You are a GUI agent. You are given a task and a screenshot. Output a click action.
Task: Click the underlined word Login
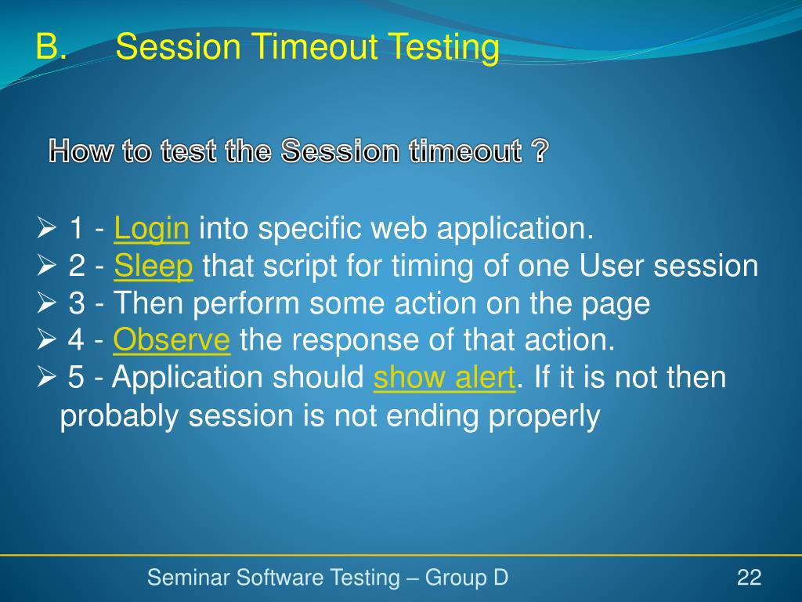151,229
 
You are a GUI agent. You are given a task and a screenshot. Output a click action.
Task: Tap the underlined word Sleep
154,267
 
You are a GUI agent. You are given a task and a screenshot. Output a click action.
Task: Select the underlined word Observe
172,339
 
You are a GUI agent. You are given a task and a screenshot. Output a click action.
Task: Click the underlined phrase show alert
445,377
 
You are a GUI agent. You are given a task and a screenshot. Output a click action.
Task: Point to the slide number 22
749,578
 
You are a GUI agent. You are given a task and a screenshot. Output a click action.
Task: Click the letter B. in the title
51,46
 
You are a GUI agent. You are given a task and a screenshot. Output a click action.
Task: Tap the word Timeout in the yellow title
316,46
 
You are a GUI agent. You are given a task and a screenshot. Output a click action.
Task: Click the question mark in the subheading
540,150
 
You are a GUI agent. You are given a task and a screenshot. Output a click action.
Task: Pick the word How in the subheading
81,151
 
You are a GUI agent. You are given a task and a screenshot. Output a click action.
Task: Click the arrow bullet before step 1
46,228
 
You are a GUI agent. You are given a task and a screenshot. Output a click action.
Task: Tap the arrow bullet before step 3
46,303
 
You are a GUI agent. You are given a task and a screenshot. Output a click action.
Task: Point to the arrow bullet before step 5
46,377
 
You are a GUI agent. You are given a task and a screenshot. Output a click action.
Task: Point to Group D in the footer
467,578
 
